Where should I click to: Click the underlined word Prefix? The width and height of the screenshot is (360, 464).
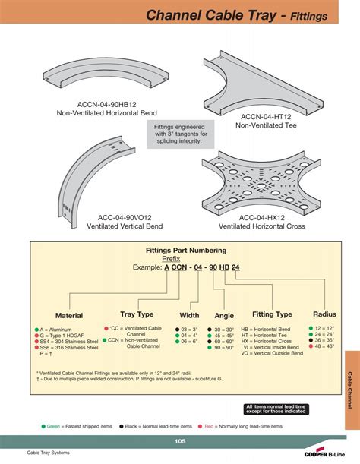172,258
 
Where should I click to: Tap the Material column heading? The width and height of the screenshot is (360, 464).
68,315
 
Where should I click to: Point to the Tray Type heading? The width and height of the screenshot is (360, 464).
137,314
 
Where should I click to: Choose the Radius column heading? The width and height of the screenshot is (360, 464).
324,314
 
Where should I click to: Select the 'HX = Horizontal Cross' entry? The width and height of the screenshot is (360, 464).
273,342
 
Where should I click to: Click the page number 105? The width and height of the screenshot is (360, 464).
179,441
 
